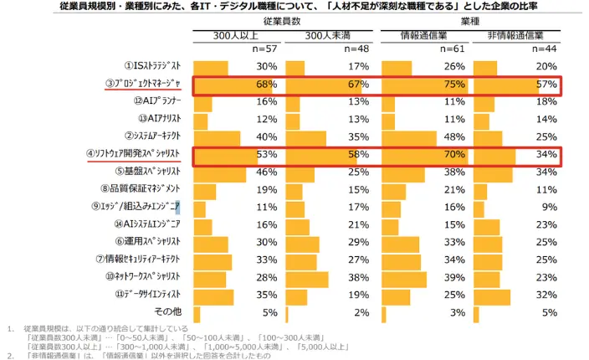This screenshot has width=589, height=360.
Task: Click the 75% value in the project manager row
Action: point(453,85)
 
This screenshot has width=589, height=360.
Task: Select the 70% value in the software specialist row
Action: point(453,155)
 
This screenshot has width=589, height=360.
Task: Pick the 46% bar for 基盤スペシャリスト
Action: point(220,172)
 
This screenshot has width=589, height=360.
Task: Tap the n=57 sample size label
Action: point(264,49)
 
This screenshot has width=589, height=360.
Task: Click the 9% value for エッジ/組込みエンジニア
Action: point(549,207)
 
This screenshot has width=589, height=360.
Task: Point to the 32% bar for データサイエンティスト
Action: point(494,295)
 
